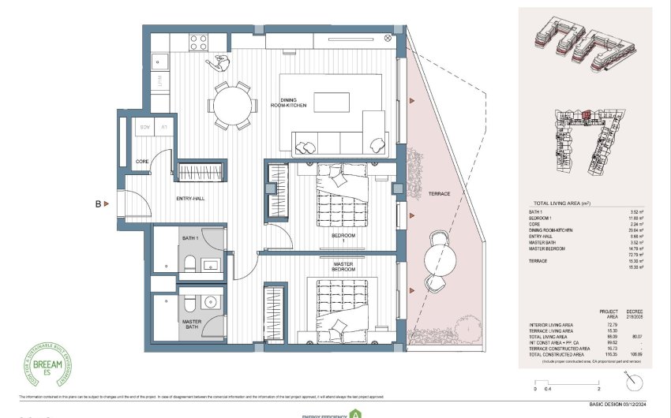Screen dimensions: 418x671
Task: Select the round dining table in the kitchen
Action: (x=232, y=104)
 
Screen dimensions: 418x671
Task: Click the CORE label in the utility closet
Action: (x=142, y=161)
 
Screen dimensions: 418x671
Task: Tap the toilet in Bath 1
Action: (x=187, y=263)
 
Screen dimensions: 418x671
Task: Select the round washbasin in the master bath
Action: (x=210, y=301)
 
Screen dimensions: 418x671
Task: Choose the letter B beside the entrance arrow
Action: (x=99, y=204)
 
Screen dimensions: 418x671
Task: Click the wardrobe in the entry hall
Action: (x=201, y=172)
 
